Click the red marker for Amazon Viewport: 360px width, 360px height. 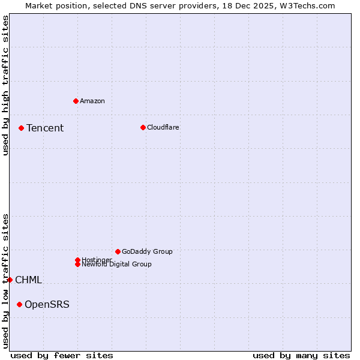(76, 101)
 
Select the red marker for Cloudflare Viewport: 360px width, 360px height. (143, 127)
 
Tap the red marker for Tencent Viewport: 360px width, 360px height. (21, 128)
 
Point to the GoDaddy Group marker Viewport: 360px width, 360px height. (118, 251)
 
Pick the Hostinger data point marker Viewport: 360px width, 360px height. (77, 260)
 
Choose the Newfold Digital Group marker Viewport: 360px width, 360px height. (77, 264)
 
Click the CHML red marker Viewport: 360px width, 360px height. (10, 280)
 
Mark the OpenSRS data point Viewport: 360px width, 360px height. (19, 304)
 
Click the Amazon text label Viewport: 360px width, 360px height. (92, 101)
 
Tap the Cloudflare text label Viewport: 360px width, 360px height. (163, 127)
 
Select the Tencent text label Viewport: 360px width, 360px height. (45, 128)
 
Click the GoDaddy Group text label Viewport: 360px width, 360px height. (147, 251)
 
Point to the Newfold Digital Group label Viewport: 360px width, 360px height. (117, 265)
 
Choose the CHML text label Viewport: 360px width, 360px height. (28, 280)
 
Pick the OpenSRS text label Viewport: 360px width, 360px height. (47, 305)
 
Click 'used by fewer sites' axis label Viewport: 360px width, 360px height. (62, 356)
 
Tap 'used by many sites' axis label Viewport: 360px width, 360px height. (301, 356)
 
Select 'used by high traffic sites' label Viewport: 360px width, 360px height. (5, 85)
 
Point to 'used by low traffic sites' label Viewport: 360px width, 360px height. (5, 281)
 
